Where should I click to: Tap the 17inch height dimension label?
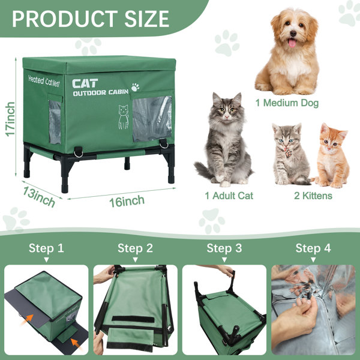(x=10, y=119)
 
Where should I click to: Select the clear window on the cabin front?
(x=151, y=118)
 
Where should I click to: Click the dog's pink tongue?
(x=292, y=43)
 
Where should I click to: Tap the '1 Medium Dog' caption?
(x=287, y=103)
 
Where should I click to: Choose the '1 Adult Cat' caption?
(x=229, y=196)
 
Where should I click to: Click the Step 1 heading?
(x=46, y=248)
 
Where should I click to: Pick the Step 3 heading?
(x=224, y=248)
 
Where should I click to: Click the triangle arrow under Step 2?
(x=135, y=260)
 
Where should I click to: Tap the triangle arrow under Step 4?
(x=313, y=260)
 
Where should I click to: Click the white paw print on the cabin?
(x=135, y=87)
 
